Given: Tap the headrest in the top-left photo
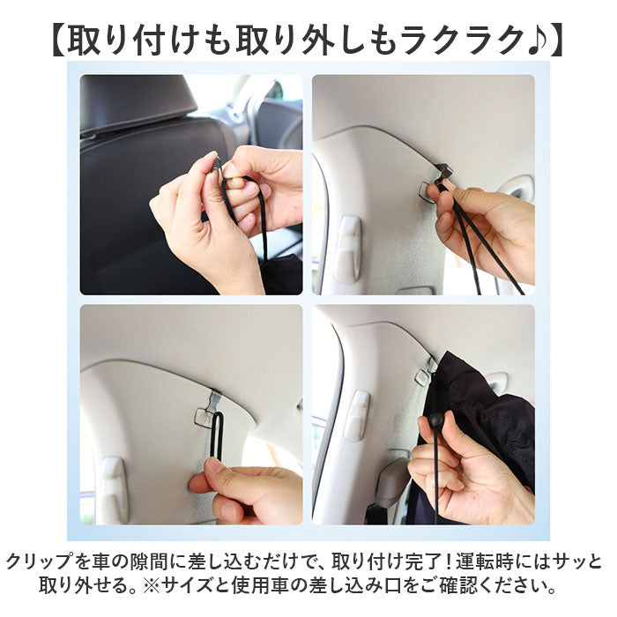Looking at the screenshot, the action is click(138, 103).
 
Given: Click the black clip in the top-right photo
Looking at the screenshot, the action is click(443, 169).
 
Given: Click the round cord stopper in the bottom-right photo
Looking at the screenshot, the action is click(435, 420).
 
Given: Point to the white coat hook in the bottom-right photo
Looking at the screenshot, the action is click(357, 415).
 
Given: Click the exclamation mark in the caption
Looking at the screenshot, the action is click(449, 561).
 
